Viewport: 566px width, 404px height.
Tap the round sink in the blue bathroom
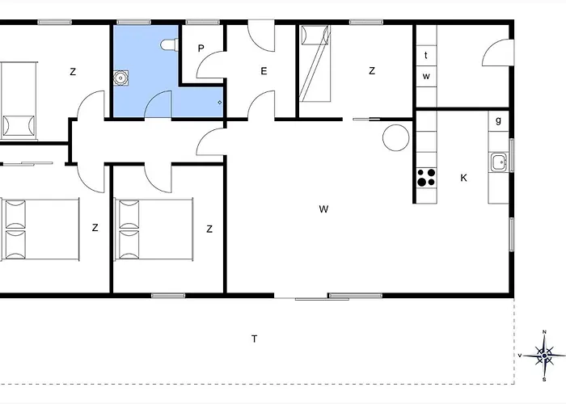(121, 78)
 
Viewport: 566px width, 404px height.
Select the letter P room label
(201, 48)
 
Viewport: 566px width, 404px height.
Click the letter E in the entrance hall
(264, 71)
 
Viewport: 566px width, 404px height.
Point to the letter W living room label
(323, 209)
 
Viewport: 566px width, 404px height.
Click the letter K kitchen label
(463, 178)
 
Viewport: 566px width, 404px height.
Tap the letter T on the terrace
(254, 339)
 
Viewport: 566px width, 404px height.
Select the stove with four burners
(425, 177)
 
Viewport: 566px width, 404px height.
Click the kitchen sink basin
(497, 162)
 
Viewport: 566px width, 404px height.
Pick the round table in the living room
(395, 137)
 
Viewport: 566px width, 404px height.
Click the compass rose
(544, 354)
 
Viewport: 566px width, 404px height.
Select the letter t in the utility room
(425, 56)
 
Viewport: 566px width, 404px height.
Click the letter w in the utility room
(425, 77)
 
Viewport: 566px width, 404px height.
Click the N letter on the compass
(544, 332)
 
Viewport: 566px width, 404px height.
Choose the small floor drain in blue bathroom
(220, 103)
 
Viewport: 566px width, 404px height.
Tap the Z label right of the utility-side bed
(372, 71)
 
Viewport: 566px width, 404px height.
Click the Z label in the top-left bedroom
(73, 72)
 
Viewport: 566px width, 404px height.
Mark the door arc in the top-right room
(494, 53)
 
